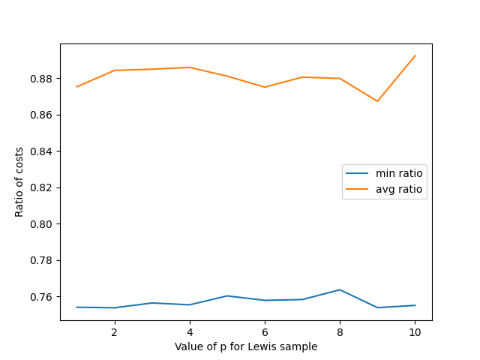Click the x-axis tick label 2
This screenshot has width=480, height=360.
click(x=114, y=331)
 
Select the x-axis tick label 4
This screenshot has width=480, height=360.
click(x=190, y=331)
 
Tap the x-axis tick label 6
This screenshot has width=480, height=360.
click(x=265, y=331)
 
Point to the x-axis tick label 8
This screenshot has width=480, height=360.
click(x=340, y=331)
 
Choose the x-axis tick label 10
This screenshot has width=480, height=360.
click(x=415, y=331)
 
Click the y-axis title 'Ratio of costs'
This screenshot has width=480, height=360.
click(x=19, y=182)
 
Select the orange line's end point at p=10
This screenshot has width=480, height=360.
click(x=415, y=55)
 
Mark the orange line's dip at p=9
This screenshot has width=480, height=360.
click(x=378, y=101)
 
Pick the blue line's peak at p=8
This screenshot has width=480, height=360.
click(x=340, y=289)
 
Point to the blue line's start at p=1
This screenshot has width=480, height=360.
click(x=76, y=307)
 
